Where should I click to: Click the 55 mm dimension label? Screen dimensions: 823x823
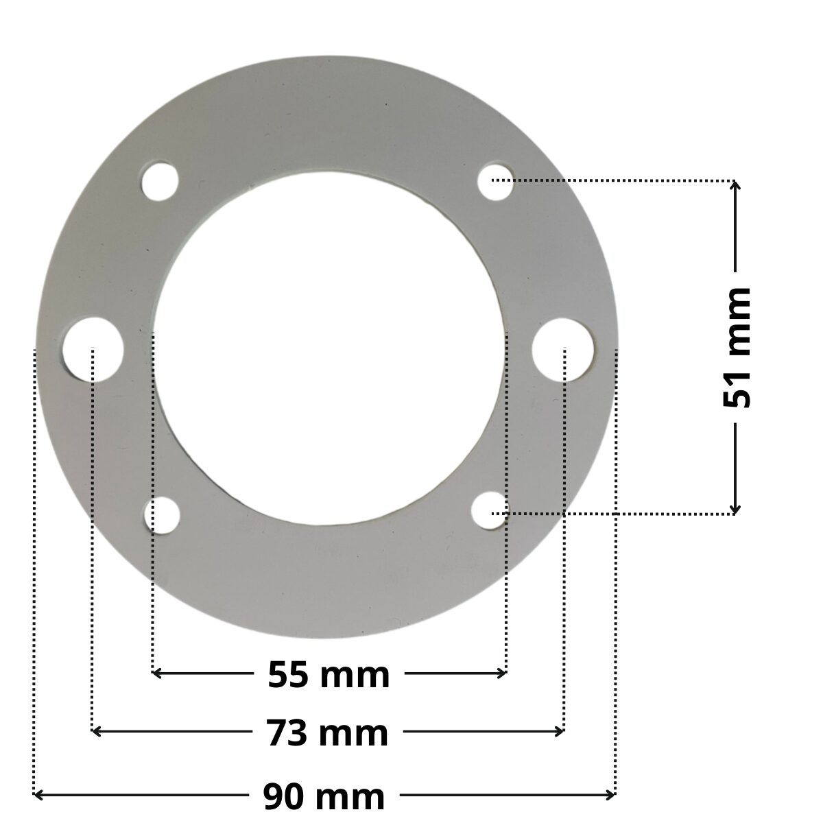(x=329, y=675)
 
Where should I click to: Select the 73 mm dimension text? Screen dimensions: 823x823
(x=327, y=733)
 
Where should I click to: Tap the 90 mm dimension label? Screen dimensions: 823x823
(x=324, y=797)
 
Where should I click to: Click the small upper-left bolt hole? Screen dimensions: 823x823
(x=160, y=182)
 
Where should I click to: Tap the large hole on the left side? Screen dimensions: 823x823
(x=93, y=350)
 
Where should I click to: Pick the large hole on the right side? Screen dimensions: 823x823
(x=562, y=349)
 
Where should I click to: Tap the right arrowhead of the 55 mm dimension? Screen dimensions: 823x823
(x=502, y=673)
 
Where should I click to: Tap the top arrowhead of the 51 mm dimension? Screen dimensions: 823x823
(x=735, y=186)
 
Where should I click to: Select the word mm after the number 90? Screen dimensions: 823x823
(x=354, y=797)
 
